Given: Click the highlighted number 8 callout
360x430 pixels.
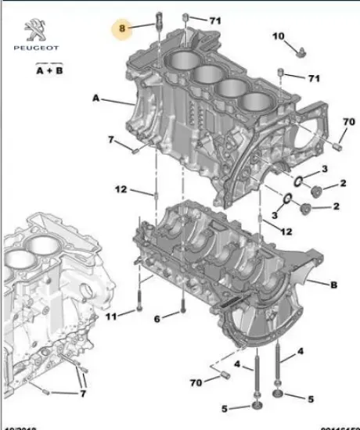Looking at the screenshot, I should click(122, 29).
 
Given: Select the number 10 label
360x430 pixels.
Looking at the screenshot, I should click(278, 36).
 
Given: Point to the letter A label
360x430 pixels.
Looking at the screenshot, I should click(96, 99).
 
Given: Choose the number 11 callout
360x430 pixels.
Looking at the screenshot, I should click(110, 316).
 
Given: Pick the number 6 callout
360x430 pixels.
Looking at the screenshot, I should click(157, 317).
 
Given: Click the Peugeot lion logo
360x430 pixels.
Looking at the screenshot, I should click(36, 30).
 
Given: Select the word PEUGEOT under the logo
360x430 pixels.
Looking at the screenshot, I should click(35, 48).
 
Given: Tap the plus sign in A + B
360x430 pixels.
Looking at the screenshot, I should click(49, 70).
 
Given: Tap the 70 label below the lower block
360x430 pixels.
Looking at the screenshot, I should click(196, 382).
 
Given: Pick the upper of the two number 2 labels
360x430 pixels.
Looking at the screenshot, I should click(342, 184).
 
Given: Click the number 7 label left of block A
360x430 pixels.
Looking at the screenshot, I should click(112, 140).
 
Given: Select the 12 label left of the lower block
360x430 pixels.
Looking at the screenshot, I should click(121, 188).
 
